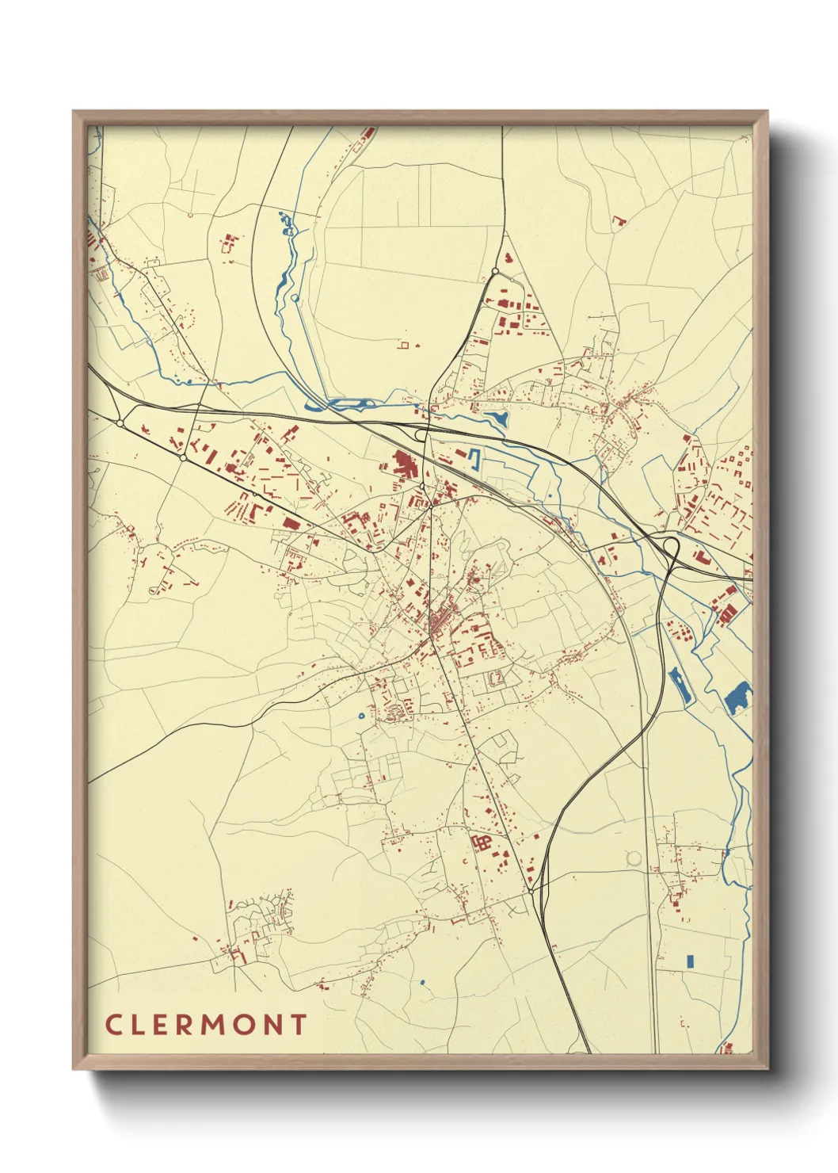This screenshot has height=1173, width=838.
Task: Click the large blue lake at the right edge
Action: tap(737, 697)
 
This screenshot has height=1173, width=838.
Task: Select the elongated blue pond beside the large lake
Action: tap(680, 686)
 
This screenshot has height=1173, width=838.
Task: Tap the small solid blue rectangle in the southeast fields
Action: tap(689, 961)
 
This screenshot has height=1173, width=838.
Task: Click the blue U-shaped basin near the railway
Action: tap(474, 459)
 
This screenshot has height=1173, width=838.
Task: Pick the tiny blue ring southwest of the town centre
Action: tap(361, 716)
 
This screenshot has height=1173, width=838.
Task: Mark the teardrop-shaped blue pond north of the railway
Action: tap(497, 419)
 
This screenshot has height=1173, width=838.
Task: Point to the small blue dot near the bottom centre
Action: tap(422, 983)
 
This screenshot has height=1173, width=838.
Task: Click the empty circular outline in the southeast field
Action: tap(634, 858)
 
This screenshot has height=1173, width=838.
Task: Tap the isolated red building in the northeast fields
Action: tap(619, 221)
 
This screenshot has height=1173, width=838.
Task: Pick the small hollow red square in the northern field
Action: tap(405, 345)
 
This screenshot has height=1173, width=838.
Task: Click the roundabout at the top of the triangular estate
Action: tap(495, 271)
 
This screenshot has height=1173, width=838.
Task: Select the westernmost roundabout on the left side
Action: tap(120, 423)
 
